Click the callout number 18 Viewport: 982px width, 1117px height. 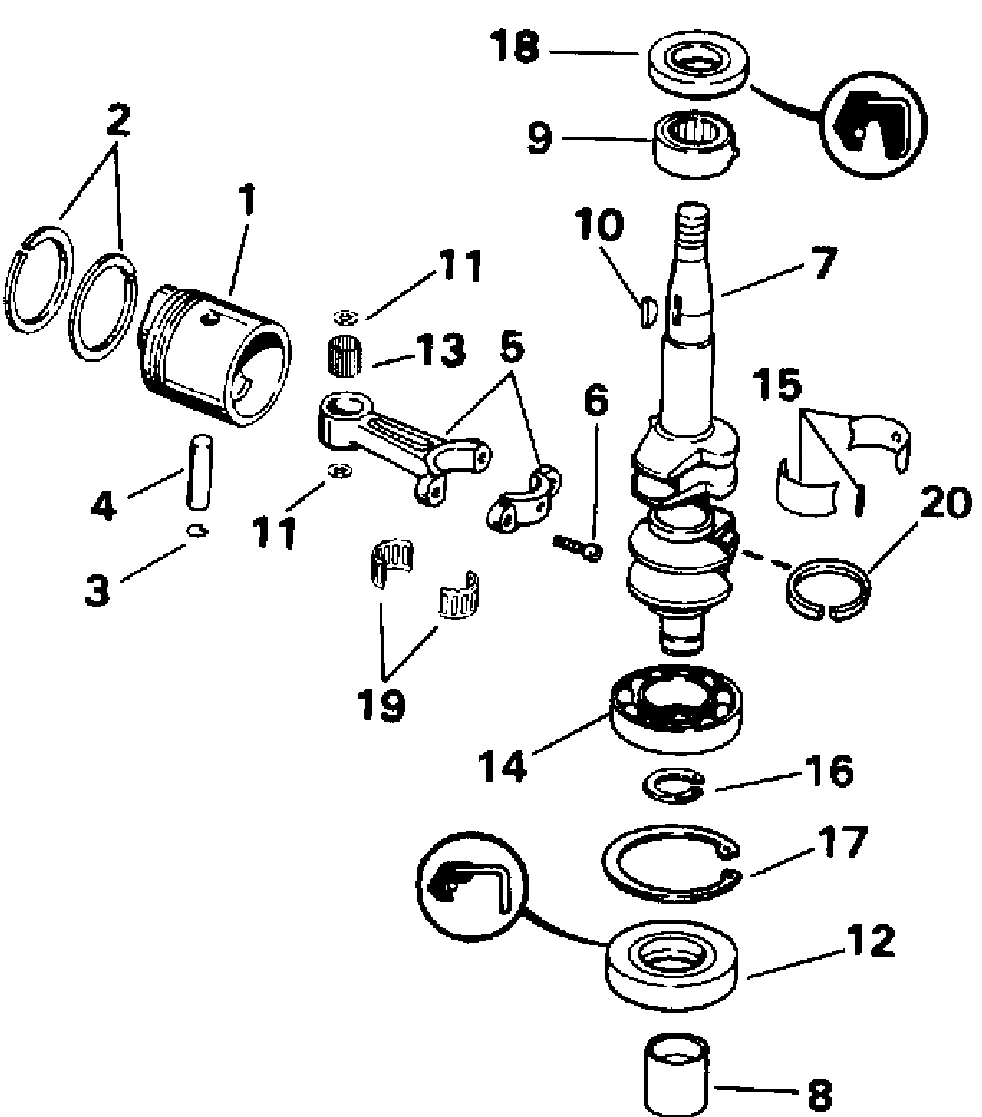point(516,47)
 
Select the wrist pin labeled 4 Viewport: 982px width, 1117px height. point(199,472)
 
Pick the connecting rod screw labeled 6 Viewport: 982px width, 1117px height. point(578,548)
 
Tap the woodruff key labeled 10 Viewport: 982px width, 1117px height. point(650,312)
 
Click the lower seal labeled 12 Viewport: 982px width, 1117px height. point(672,968)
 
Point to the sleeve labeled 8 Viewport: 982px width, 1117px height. point(676,1076)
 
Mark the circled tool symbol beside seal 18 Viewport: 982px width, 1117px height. point(874,124)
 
